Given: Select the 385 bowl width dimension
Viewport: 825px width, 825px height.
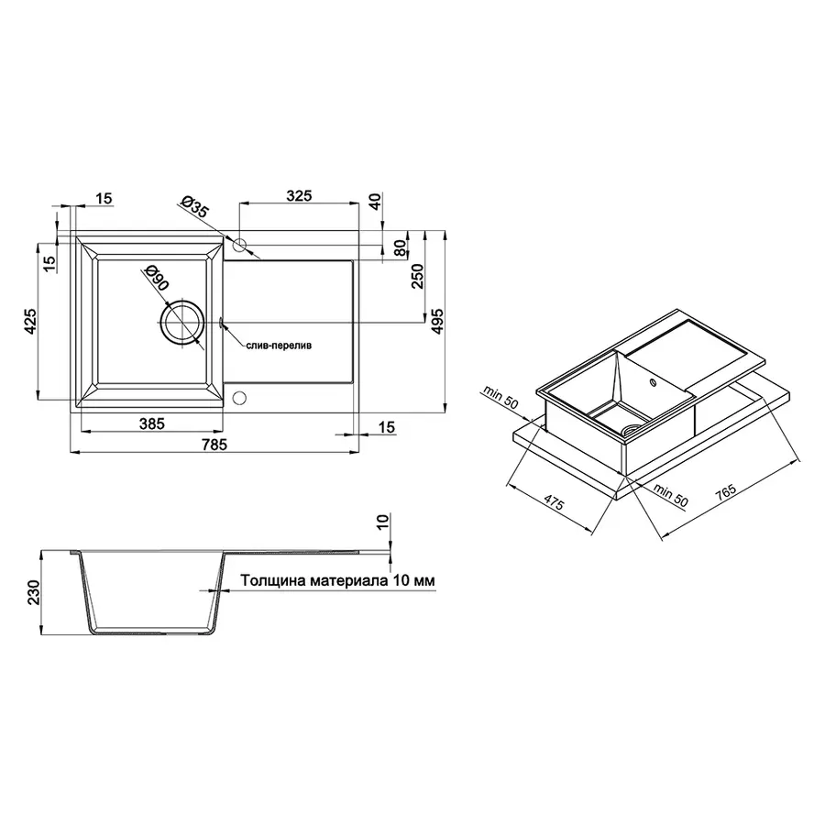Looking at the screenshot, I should tap(151, 423).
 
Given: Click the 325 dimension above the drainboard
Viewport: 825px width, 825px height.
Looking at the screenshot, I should tap(299, 195).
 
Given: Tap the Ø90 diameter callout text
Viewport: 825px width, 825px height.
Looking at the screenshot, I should tap(157, 279).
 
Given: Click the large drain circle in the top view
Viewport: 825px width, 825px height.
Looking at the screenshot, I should tap(181, 321).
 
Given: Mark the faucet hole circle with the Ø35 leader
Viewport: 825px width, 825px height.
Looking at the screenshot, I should tap(239, 245).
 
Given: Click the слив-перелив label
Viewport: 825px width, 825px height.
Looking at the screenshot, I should tap(279, 347).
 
